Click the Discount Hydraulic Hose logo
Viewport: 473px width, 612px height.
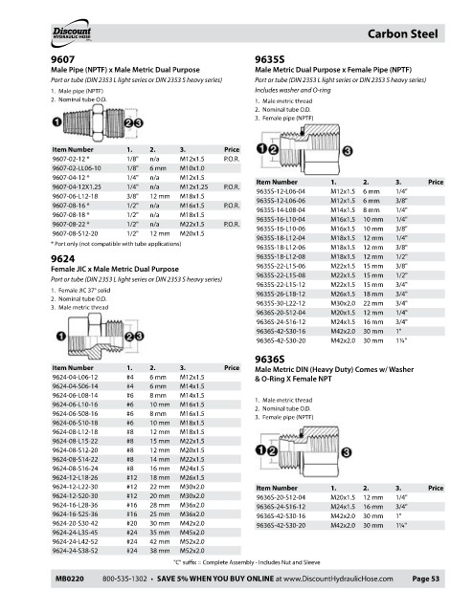coord(71,33)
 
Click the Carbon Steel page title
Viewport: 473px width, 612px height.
coord(403,34)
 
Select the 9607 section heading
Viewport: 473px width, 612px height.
coord(62,59)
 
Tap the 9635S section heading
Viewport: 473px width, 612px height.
coord(270,59)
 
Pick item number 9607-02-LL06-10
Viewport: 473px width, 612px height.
coord(77,168)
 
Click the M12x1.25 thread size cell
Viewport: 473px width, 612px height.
coord(193,187)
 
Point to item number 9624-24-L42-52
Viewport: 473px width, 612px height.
coord(75,542)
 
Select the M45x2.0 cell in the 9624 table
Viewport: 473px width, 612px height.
coord(191,533)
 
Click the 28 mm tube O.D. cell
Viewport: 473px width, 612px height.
coord(160,505)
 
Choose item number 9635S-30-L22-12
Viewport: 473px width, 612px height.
coord(281,303)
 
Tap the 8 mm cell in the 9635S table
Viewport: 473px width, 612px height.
coord(372,210)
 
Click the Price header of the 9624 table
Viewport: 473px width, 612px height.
coord(232,367)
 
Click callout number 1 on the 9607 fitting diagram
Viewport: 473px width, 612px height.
coord(57,122)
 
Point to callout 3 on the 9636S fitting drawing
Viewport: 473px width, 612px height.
coord(347,452)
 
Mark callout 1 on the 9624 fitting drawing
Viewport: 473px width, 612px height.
coord(61,336)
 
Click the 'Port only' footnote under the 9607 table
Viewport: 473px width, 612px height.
coord(116,244)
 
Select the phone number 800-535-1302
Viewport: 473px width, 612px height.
coord(124,579)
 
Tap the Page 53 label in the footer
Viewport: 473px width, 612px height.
coord(426,579)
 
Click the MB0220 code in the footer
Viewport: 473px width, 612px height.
coord(70,579)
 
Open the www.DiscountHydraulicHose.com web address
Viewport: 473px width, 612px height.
coord(338,579)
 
